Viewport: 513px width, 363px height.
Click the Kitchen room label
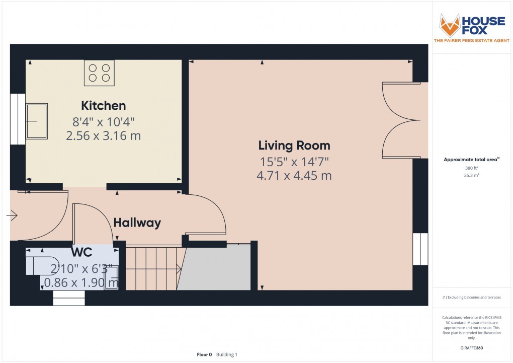(x=104, y=106)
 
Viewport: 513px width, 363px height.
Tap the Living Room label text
(x=294, y=146)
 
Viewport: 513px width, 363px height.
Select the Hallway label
(x=137, y=223)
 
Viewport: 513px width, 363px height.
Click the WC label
(x=81, y=251)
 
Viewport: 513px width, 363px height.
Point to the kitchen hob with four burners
(x=100, y=72)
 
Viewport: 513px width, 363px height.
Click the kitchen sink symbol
(x=37, y=121)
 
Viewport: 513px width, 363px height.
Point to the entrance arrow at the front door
(x=12, y=216)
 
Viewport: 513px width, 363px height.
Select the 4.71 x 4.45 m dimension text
(x=294, y=176)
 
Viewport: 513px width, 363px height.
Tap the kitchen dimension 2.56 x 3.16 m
(x=104, y=135)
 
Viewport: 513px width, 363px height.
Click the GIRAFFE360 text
(x=471, y=348)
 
